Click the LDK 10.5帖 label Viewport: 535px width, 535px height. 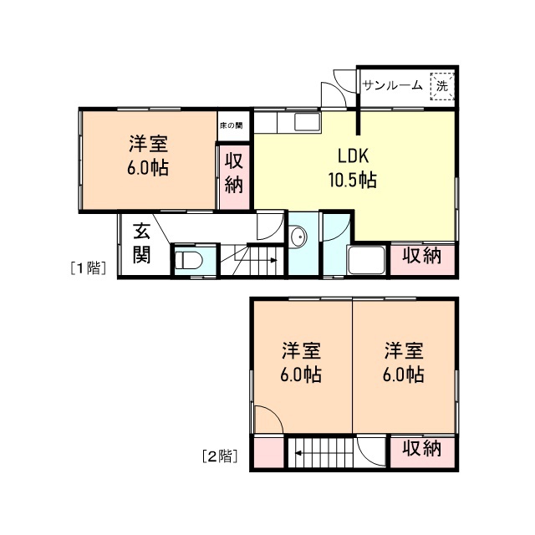[353, 168]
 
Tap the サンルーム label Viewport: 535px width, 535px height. [392, 85]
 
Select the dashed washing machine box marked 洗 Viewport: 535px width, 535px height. [442, 86]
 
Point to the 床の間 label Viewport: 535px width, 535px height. [232, 125]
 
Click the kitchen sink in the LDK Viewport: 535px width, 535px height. [307, 122]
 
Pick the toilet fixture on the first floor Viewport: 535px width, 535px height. [189, 261]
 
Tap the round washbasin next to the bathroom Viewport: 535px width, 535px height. [298, 237]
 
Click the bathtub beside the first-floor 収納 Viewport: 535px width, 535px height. [366, 260]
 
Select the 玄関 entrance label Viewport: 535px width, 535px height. [141, 243]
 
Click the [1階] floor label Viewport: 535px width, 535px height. [88, 268]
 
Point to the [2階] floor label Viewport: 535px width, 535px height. [219, 456]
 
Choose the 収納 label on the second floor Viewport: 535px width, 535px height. [422, 448]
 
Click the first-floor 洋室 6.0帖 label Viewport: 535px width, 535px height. [148, 156]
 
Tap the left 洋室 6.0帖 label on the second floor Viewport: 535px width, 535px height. [301, 363]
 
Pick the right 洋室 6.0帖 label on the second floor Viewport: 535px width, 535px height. [404, 363]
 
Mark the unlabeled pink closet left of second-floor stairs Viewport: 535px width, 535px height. [269, 452]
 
